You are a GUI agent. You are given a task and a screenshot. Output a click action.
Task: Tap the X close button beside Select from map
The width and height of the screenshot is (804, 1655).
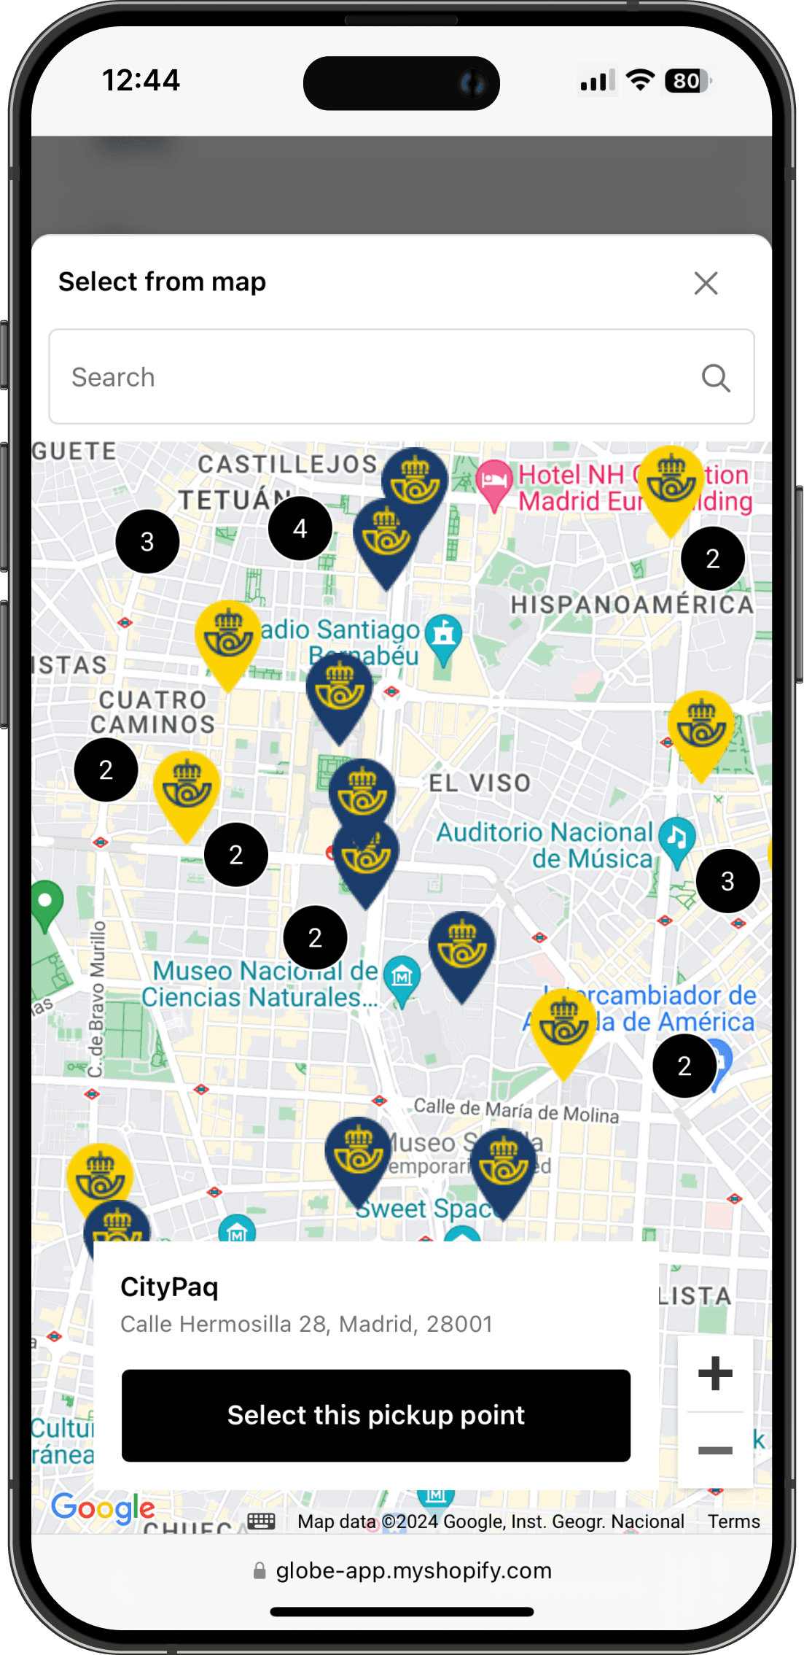706,283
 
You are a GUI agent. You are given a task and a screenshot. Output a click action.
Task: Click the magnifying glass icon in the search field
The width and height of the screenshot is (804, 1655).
716,378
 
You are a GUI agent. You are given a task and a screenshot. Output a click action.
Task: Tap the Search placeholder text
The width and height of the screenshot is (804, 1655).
114,378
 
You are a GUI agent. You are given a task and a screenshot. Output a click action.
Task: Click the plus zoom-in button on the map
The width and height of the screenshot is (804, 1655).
715,1373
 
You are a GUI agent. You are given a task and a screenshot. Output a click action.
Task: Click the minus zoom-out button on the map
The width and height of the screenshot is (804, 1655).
715,1450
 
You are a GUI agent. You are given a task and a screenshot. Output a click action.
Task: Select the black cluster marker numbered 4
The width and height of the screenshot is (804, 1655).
300,528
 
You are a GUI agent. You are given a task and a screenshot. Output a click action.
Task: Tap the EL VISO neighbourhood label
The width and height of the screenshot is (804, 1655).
480,783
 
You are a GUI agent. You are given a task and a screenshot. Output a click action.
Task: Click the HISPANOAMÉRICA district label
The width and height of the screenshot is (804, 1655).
632,605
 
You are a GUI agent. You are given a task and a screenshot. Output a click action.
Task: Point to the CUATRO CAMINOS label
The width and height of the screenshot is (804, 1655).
153,712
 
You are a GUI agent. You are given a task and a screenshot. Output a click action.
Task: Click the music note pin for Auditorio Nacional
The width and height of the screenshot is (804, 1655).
677,837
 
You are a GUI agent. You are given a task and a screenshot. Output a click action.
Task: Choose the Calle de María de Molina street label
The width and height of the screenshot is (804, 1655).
516,1110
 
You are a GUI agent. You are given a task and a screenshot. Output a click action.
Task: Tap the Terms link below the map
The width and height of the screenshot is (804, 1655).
733,1522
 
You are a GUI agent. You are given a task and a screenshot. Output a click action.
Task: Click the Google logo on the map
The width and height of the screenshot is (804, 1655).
103,1508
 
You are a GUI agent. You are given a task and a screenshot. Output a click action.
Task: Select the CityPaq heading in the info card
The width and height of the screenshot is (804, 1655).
169,1287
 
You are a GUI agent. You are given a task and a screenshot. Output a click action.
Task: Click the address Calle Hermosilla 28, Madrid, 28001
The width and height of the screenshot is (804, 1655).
306,1324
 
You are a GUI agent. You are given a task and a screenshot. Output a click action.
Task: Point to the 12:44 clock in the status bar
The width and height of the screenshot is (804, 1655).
141,80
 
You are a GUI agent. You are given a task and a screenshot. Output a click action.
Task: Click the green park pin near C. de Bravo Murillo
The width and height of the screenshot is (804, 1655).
46,902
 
